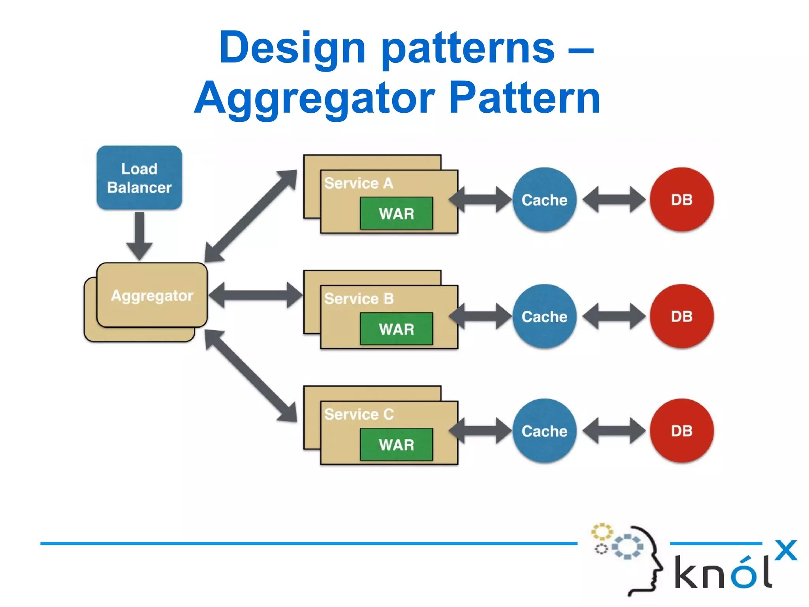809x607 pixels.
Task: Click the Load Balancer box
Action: (x=139, y=178)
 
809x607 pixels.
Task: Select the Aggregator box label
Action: (x=152, y=296)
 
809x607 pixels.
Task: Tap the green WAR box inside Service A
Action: (x=396, y=214)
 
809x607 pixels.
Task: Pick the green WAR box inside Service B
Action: (x=396, y=329)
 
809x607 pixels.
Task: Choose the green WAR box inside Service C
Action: (x=396, y=445)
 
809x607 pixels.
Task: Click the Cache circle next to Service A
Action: (x=544, y=200)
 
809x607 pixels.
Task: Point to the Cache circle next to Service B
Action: (x=544, y=316)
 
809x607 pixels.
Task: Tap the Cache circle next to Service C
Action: (x=544, y=431)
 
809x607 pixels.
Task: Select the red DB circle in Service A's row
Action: (x=682, y=200)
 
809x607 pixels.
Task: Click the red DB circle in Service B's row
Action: (x=682, y=316)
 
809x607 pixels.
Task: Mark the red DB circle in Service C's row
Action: (x=682, y=431)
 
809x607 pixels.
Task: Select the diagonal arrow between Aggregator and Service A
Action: (x=250, y=216)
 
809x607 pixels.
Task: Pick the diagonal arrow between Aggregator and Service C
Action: (x=250, y=376)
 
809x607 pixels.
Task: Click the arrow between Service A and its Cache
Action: (x=480, y=200)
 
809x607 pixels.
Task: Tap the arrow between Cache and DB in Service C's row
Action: (x=614, y=431)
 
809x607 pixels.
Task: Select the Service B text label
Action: (x=359, y=299)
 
